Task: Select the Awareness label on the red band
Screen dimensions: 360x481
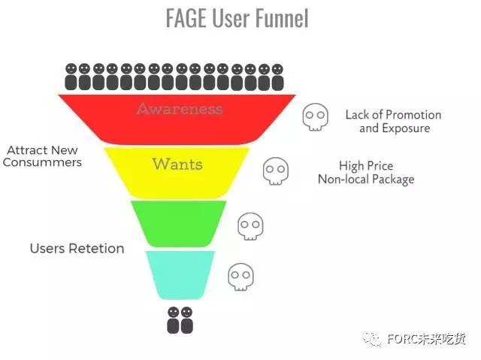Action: click(180, 109)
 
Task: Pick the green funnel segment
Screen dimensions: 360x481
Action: click(179, 223)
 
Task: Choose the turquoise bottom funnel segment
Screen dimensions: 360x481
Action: click(180, 274)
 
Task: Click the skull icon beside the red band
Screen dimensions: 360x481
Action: click(316, 117)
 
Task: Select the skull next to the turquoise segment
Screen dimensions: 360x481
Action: click(240, 276)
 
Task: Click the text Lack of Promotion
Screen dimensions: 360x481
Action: click(393, 115)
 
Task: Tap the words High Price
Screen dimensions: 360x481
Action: click(366, 166)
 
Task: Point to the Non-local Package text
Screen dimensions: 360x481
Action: click(366, 180)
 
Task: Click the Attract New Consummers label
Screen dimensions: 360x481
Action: click(43, 156)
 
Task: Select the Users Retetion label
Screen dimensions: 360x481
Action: click(77, 248)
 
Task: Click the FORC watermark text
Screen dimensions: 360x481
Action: click(425, 339)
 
